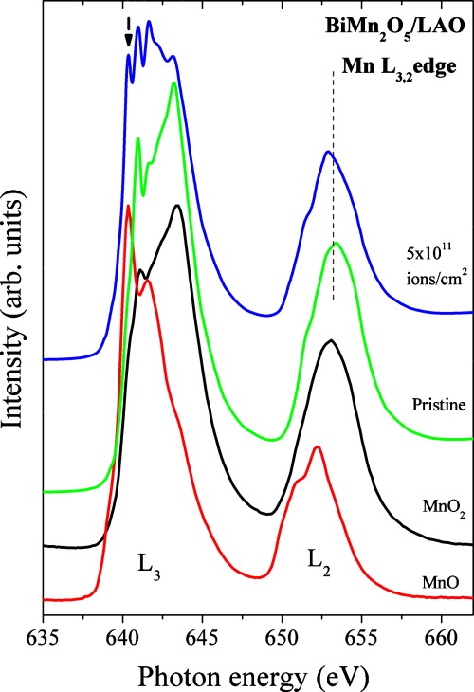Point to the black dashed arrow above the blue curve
(128, 30)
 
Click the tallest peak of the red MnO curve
(128, 206)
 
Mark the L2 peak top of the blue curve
(327, 151)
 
